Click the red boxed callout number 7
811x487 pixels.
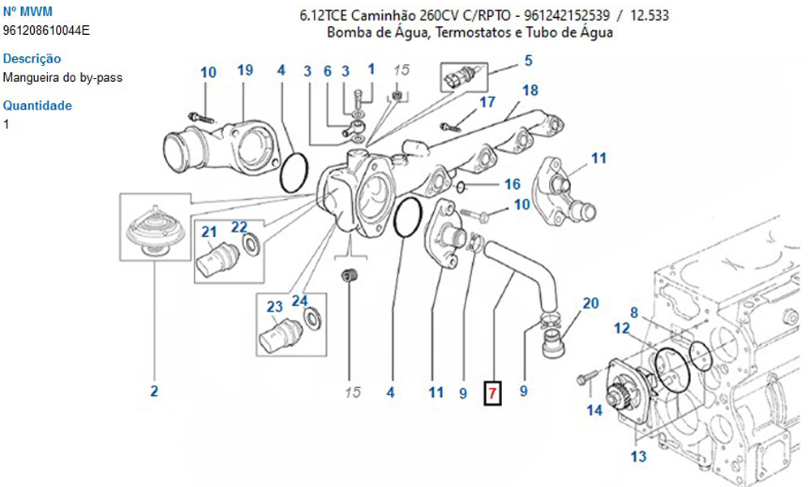[x=492, y=393]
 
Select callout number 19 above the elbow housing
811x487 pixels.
[x=246, y=71]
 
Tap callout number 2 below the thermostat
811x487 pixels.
[x=154, y=392]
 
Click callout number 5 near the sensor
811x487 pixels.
[x=528, y=60]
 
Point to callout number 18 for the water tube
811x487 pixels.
[x=530, y=90]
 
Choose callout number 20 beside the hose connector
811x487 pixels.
[x=590, y=304]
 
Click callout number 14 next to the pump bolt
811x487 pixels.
[x=594, y=411]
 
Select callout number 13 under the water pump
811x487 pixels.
[x=638, y=457]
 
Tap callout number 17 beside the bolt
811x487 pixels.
[x=487, y=102]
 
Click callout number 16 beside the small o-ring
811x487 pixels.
[x=512, y=184]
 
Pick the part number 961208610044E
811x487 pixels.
[x=46, y=31]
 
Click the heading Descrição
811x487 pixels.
[x=32, y=58]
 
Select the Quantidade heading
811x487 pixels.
[x=37, y=106]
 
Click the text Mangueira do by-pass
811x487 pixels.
[x=63, y=78]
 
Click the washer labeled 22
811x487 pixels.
[x=251, y=242]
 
